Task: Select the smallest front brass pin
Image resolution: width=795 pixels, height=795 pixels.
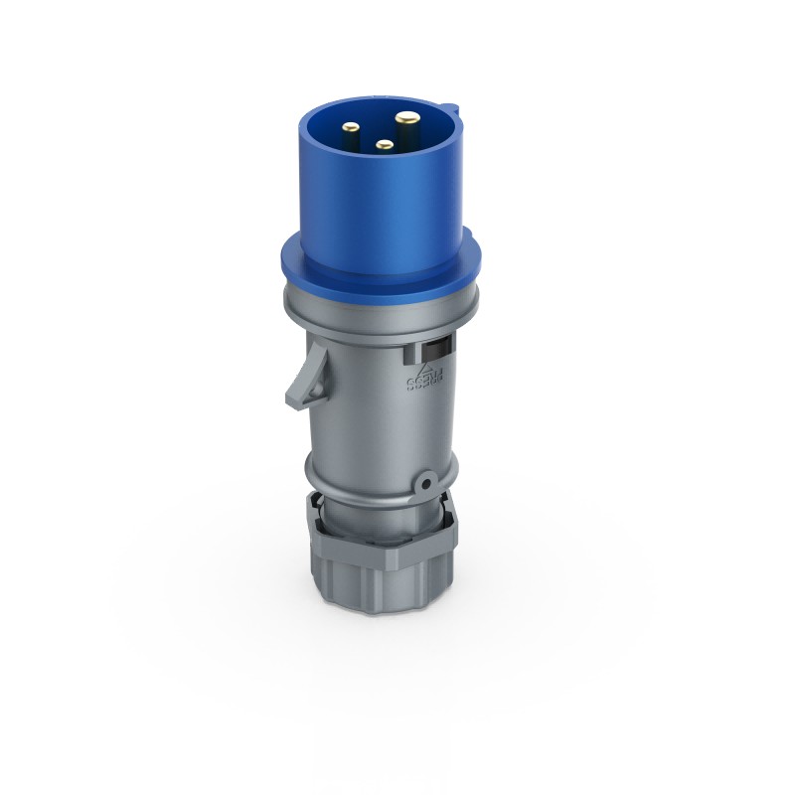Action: click(384, 146)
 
